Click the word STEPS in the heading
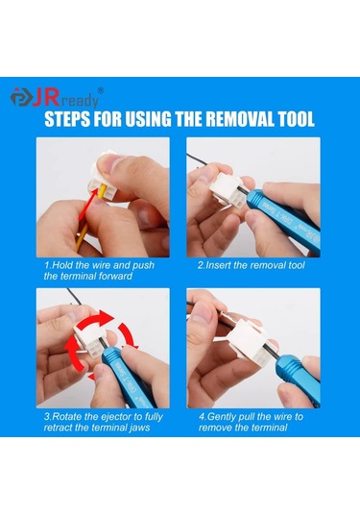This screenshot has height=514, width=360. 73,122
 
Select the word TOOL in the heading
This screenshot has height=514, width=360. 293,122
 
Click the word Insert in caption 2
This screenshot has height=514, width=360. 220,263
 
